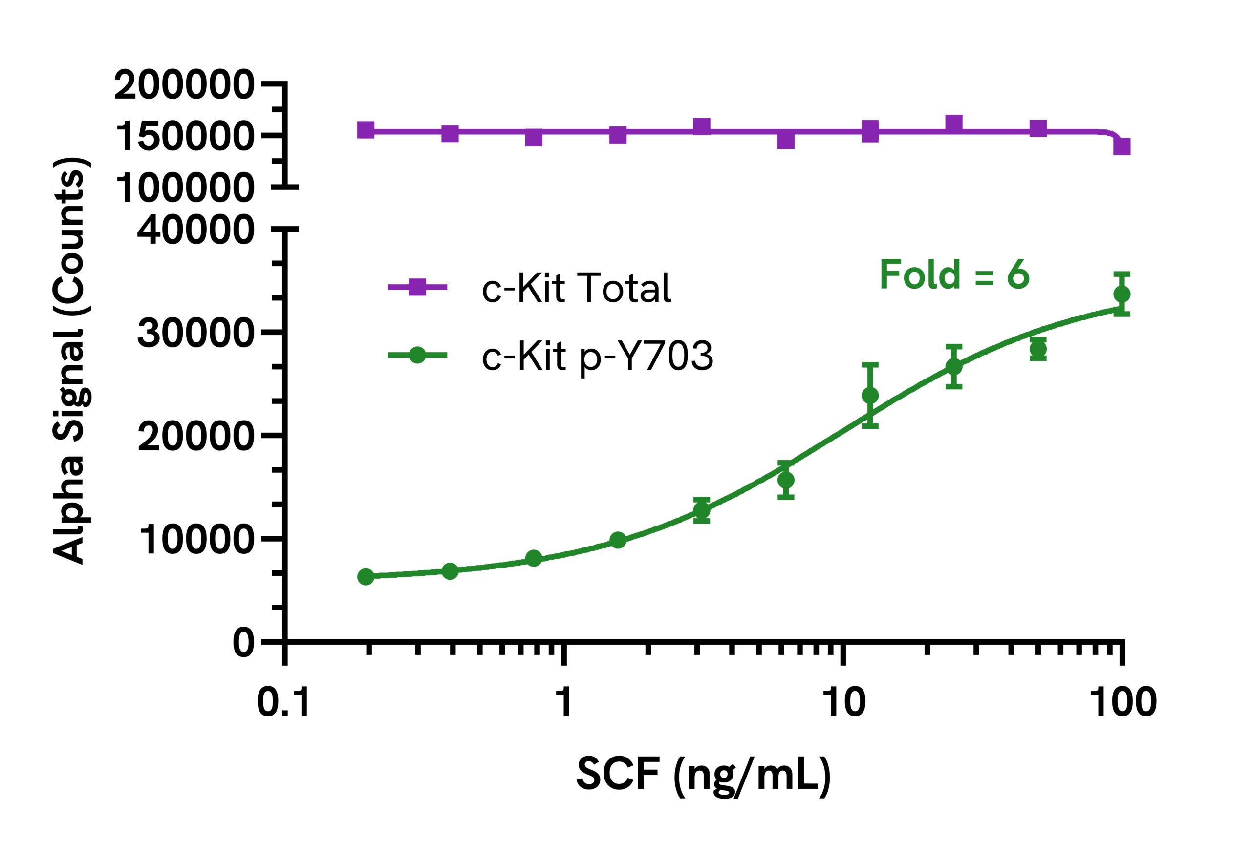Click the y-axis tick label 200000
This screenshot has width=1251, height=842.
pos(184,85)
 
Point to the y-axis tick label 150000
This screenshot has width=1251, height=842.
pos(184,136)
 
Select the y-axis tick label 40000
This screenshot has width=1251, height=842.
pos(195,231)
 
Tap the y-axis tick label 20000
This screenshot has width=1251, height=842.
pos(195,436)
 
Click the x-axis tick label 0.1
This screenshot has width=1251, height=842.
pos(283,702)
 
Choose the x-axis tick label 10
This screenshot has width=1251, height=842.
pos(844,702)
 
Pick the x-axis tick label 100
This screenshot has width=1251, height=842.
pos(1122,702)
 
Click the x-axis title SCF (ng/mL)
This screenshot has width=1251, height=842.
pos(704,775)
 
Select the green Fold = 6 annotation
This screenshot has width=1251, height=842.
pos(954,274)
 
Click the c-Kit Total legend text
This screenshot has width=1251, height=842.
pos(576,288)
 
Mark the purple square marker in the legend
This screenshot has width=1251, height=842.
pos(417,287)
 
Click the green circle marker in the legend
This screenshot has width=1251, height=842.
pos(417,355)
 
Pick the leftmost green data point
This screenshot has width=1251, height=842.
pos(366,577)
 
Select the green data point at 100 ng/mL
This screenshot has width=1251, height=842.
pos(1122,295)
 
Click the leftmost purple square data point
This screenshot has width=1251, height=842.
pos(366,130)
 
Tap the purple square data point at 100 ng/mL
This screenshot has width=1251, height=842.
pos(1122,146)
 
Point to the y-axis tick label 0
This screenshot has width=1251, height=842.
pos(243,643)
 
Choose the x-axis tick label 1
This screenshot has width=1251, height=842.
pos(563,702)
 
